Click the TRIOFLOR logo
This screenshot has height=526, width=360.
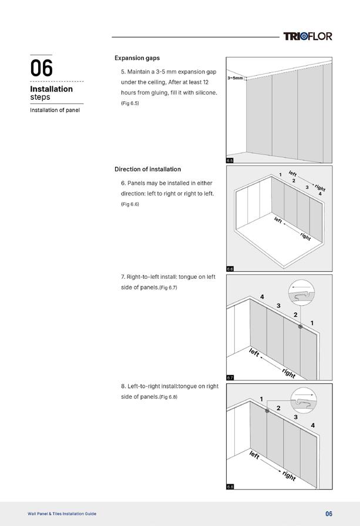coord(307,36)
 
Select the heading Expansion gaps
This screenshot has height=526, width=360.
coord(137,58)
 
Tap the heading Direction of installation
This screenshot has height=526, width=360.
coord(147,169)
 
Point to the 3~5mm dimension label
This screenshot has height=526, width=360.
coord(235,77)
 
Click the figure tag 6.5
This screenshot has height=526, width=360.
coord(230,160)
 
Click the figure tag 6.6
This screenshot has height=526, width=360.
coord(230,269)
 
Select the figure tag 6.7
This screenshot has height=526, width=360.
coord(230,377)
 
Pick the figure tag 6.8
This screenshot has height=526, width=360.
coord(230,487)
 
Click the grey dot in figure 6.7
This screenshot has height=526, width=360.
coord(300,326)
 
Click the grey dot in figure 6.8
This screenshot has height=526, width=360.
coord(267,411)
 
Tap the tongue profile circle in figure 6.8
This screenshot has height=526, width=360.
coord(304,402)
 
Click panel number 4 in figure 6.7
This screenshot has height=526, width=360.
coord(262,297)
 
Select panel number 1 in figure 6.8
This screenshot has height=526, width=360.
coord(261,399)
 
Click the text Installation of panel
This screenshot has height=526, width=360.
coord(55,110)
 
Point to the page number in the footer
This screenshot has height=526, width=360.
coord(329,514)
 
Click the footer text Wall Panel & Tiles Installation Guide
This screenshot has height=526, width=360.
coord(62,514)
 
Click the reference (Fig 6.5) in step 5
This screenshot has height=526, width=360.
coord(130,103)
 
